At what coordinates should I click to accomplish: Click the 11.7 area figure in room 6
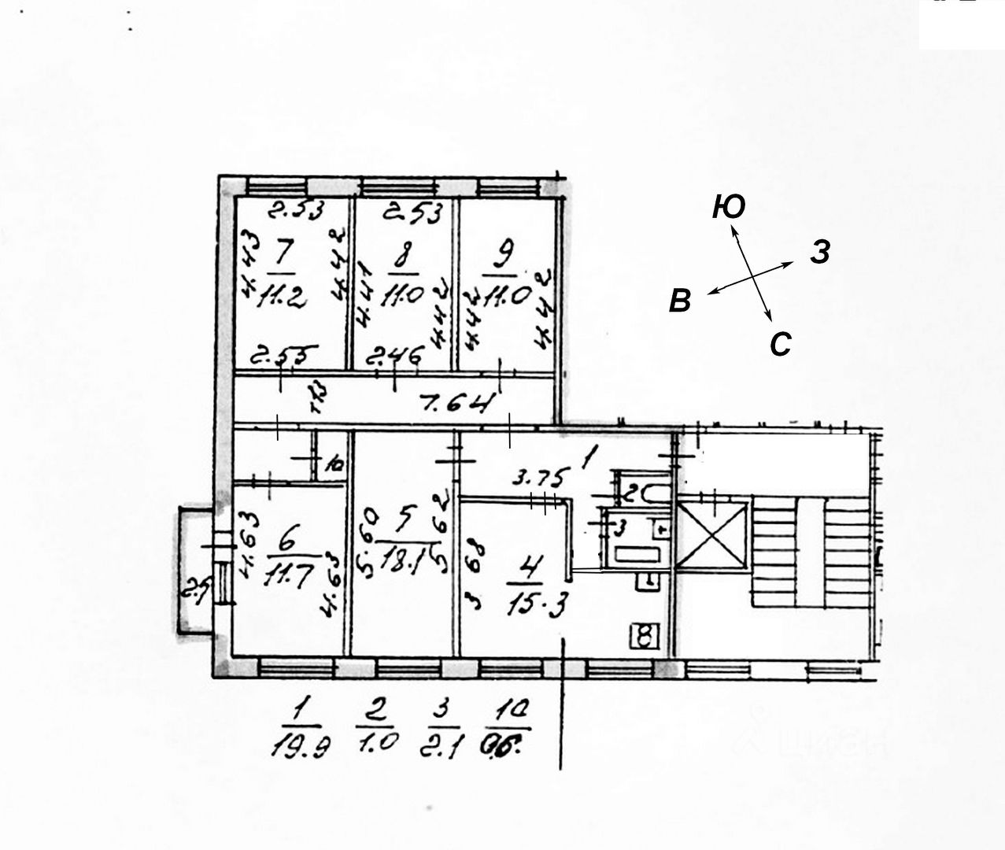287,572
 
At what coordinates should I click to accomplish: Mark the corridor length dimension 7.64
459,405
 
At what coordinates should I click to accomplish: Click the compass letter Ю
728,207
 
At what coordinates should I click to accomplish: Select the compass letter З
819,253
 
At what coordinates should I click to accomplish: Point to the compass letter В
680,301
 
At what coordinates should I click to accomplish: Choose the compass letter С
779,345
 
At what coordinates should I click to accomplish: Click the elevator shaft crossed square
711,535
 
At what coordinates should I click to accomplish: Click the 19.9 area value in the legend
300,744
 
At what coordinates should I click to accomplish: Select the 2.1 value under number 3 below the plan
443,741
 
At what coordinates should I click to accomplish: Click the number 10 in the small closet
334,464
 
